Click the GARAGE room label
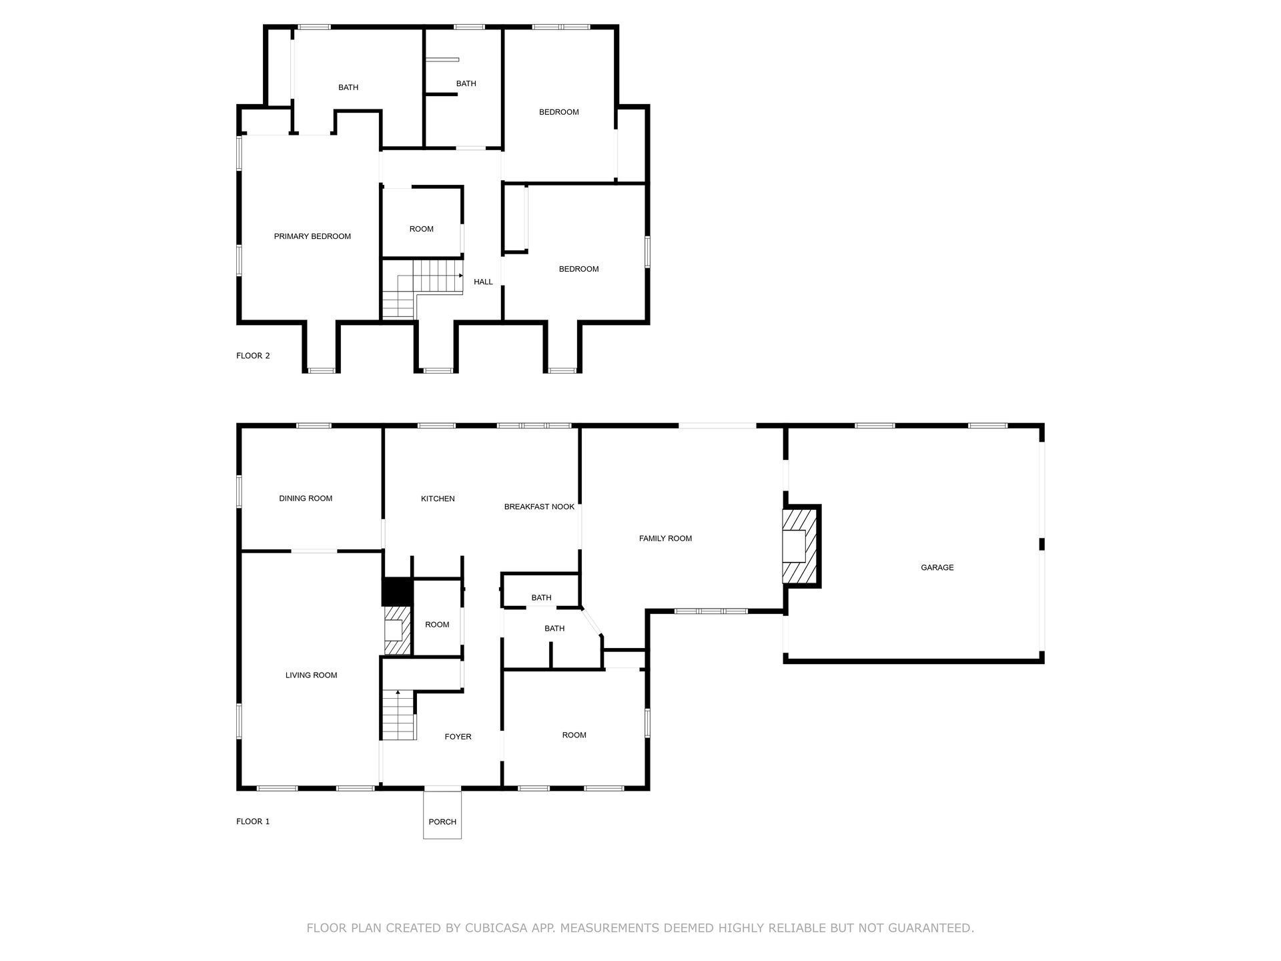(x=937, y=567)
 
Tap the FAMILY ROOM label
(x=665, y=539)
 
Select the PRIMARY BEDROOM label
(x=312, y=236)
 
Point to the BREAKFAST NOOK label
(x=539, y=507)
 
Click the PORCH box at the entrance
(x=442, y=814)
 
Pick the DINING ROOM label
(x=306, y=499)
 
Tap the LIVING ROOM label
(x=311, y=675)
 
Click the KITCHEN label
(x=438, y=499)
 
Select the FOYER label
(x=458, y=737)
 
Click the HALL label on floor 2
(x=483, y=282)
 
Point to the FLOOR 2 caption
(x=253, y=356)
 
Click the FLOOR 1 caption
(x=253, y=822)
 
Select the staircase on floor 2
(x=422, y=288)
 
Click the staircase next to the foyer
(x=398, y=715)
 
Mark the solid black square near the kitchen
(x=397, y=591)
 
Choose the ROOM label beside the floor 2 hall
(x=421, y=229)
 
